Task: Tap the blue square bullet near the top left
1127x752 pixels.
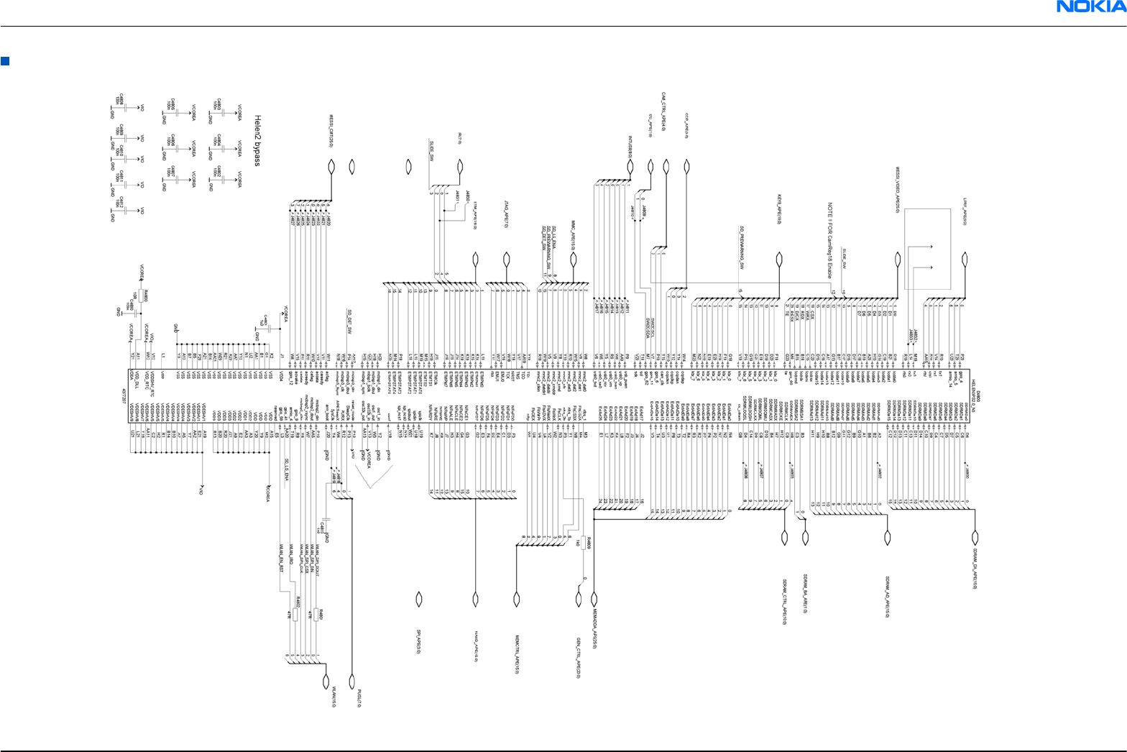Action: (5, 61)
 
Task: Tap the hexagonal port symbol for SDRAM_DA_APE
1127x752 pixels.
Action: (975, 538)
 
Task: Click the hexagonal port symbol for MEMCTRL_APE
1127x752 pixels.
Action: (516, 598)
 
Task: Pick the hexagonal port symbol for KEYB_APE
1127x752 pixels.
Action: (779, 259)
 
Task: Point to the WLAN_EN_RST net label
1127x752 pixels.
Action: (282, 557)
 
